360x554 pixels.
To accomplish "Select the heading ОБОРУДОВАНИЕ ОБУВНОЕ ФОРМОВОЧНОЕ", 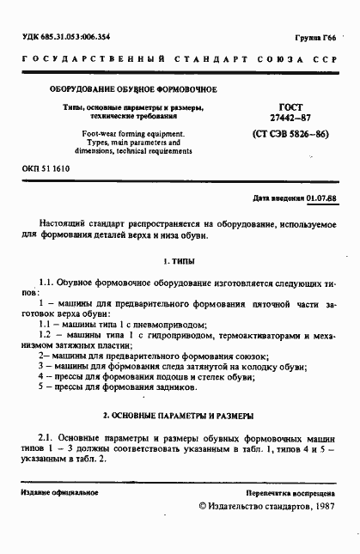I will [x=132, y=89].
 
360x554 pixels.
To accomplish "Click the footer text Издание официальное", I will [x=60, y=494].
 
